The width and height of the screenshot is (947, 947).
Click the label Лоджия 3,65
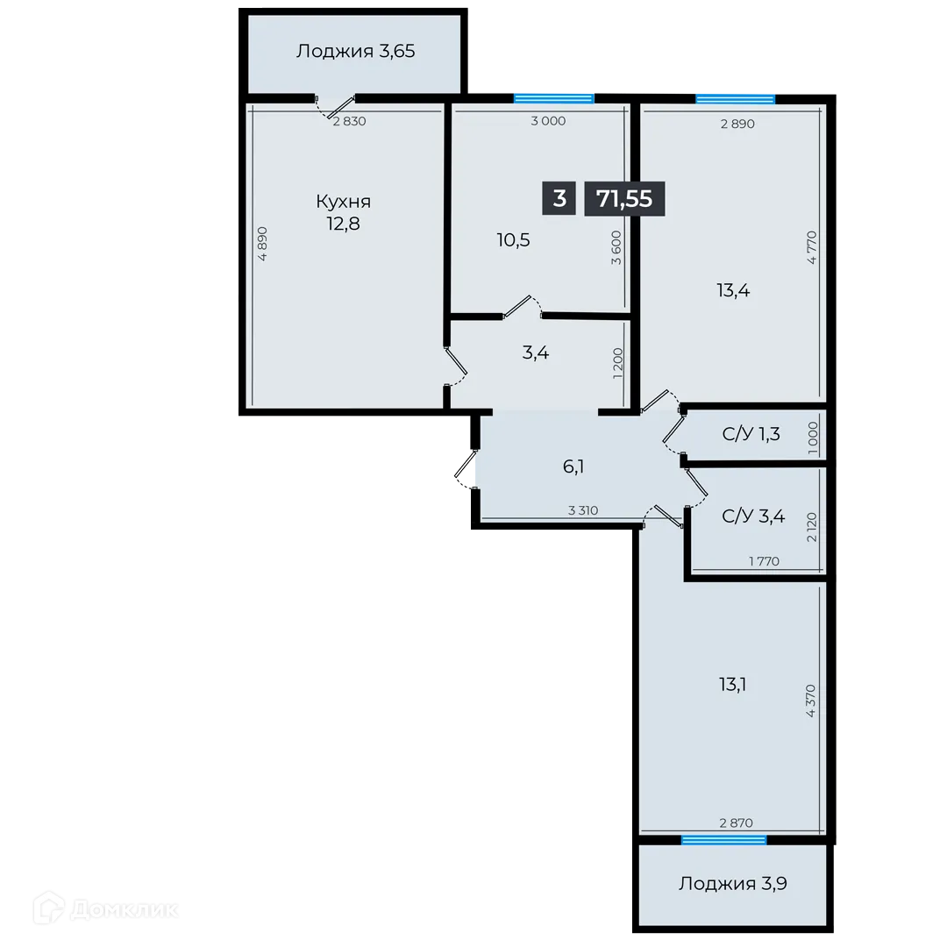(355, 51)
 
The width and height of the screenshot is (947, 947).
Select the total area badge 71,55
(624, 199)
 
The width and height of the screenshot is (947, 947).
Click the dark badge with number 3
(559, 198)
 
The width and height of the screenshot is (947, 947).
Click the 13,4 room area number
(732, 290)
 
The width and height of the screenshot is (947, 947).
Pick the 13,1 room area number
(732, 684)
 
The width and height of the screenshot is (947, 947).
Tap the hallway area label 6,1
(573, 466)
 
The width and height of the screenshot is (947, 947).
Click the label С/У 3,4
(753, 516)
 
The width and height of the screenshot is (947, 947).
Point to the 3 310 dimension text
(583, 510)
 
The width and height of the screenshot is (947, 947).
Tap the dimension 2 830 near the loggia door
(349, 122)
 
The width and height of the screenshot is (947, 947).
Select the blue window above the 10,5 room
(553, 97)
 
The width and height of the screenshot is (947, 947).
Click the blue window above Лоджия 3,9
(723, 840)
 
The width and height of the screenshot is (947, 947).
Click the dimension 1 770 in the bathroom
(764, 561)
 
